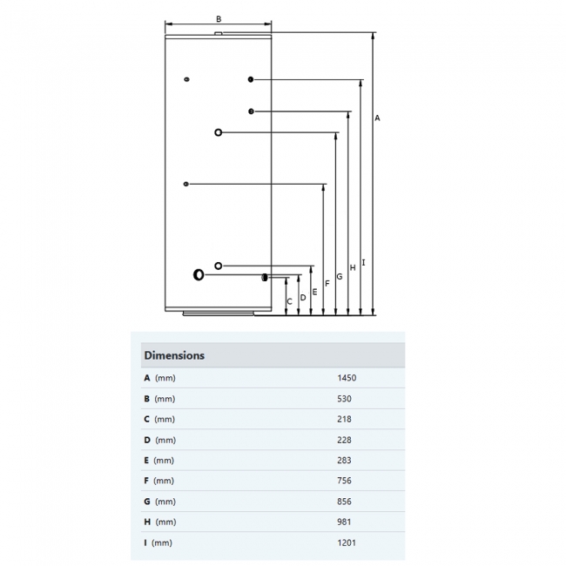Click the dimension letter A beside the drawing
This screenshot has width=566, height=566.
pos(377,118)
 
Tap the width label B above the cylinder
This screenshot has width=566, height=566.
pos(219,18)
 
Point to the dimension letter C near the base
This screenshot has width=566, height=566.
pos(290,301)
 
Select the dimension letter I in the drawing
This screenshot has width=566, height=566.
pos(363,261)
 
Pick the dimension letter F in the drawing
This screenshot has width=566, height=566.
pos(327,284)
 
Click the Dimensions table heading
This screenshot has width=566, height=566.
pos(174,355)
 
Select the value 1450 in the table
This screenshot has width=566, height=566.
pos(347,378)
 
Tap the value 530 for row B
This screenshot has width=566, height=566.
pos(344,399)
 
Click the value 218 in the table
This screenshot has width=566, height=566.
pos(344,419)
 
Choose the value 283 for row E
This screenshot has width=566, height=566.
pos(344,461)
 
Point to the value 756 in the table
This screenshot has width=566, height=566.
pos(344,481)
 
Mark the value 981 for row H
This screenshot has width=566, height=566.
pos(344,522)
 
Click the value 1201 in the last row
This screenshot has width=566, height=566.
pos(347,542)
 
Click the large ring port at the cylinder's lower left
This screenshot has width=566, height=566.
pos(199,275)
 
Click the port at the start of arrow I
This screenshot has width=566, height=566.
pos(251,80)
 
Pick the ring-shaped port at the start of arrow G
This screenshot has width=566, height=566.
pos(218,132)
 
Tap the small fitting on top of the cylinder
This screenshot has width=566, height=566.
pos(218,35)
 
